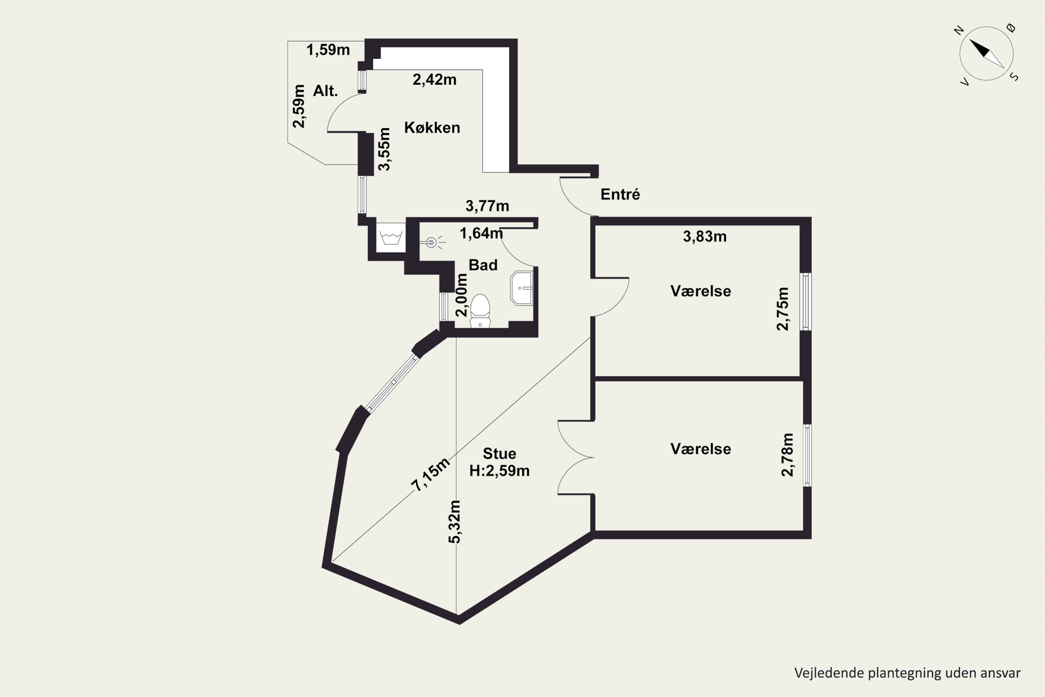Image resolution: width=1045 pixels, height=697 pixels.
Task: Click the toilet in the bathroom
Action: coord(480,311)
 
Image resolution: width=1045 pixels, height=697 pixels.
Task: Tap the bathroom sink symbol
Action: coord(521,288)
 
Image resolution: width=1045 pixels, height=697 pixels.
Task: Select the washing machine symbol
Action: coord(391,237)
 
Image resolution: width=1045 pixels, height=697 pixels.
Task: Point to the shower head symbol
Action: coord(432,242)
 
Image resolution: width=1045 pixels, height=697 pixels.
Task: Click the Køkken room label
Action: coord(432,128)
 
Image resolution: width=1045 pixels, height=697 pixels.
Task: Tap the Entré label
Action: coord(620,194)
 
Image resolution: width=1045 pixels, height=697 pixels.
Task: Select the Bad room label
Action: coord(483,265)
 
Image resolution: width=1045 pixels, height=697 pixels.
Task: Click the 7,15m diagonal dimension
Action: coord(430,474)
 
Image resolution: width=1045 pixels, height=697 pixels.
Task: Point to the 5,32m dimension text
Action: coord(455,522)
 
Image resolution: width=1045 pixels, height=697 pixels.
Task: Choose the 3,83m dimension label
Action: coord(705,237)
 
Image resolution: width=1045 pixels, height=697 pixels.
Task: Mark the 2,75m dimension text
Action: coord(782,309)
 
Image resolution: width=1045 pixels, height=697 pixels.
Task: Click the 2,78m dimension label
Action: coord(787,455)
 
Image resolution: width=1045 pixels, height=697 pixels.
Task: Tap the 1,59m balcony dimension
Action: coord(328,50)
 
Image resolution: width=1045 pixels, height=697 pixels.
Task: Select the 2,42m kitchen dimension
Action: coord(434,79)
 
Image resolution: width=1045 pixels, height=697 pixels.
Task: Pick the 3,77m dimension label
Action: coord(487,206)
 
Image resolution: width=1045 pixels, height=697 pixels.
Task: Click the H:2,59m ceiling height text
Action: coord(500,471)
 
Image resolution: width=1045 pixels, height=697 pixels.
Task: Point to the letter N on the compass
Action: coord(959,30)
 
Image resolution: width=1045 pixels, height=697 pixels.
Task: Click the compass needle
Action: coord(986,54)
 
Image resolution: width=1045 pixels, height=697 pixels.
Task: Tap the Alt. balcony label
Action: coord(326,91)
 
